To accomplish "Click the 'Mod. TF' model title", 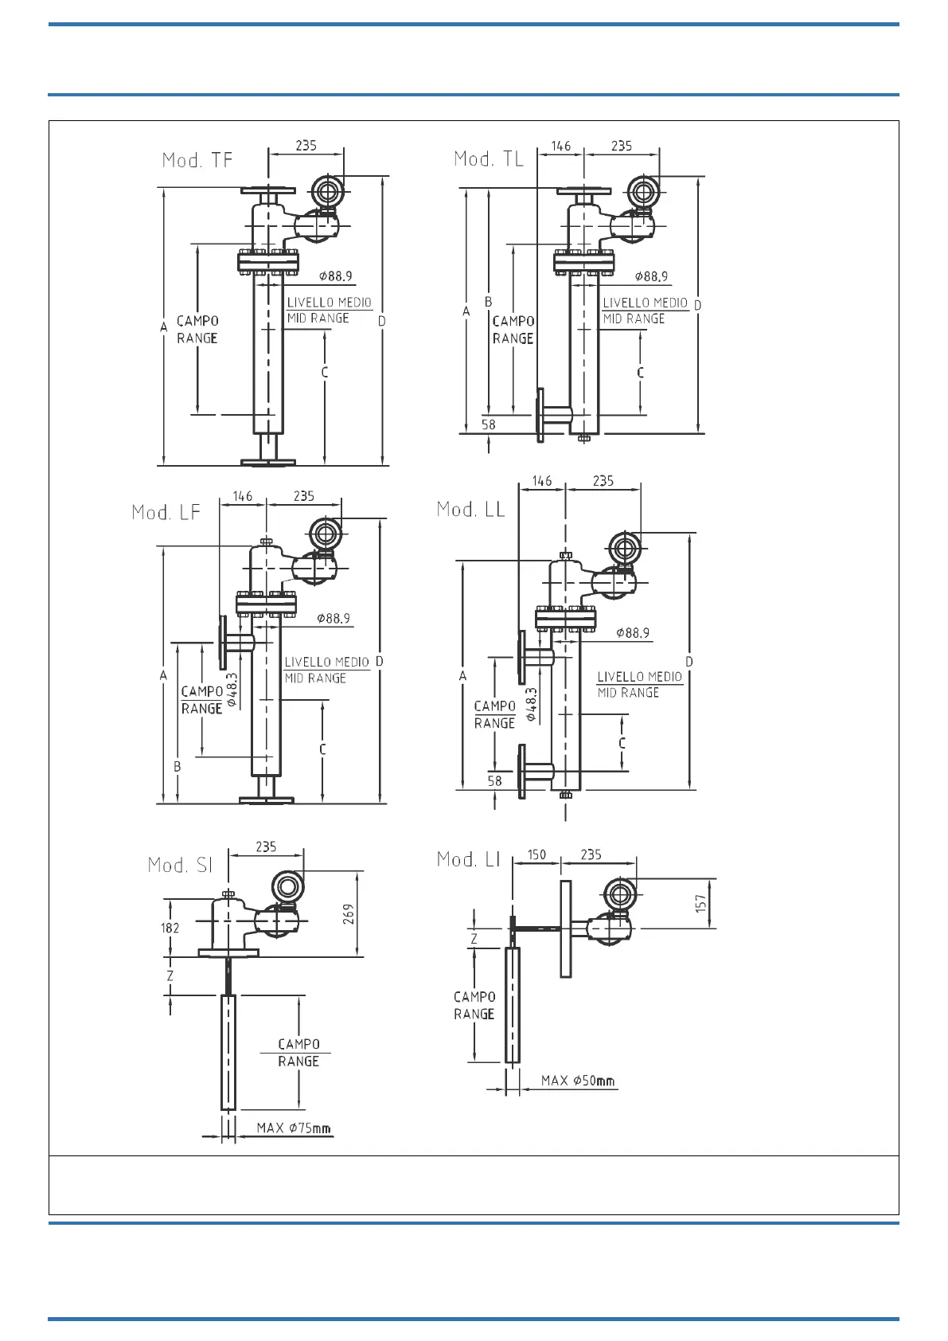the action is (x=197, y=160).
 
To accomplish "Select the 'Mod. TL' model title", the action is (x=489, y=159).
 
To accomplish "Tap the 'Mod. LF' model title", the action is (x=166, y=512).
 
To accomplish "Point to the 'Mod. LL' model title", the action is (x=470, y=510).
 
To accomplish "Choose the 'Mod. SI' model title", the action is (x=181, y=865).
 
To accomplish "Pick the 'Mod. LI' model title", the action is (x=469, y=859).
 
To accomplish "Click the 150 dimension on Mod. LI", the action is (x=536, y=854).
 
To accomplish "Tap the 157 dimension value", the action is (x=700, y=903).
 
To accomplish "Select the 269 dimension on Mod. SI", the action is (x=349, y=913).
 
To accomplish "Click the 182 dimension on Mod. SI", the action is (x=170, y=928).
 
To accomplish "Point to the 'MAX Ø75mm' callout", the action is (x=294, y=1128).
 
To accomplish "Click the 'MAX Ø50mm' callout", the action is (x=578, y=1081).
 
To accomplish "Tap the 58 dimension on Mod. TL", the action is (x=489, y=424).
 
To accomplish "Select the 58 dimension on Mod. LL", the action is (x=495, y=781).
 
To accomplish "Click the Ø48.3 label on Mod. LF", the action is (x=232, y=690).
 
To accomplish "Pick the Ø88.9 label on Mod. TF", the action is (x=336, y=276).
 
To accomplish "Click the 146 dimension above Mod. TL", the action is (x=561, y=146).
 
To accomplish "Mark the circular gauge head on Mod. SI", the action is (x=287, y=886).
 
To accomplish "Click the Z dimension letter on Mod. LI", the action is (x=474, y=939).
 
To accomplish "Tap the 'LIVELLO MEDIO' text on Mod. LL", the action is (x=640, y=676).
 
